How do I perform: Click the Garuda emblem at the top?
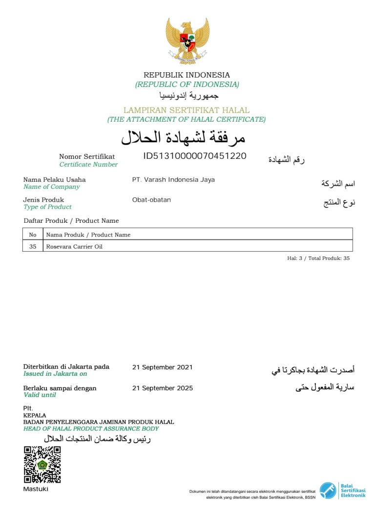click(187, 41)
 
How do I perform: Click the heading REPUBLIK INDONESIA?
click(187, 75)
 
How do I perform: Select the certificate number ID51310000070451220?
click(194, 156)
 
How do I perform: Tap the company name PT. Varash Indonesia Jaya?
click(173, 180)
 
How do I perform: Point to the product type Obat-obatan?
click(151, 200)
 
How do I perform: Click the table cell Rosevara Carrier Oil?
click(74, 247)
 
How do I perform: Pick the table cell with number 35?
click(33, 247)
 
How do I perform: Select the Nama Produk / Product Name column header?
click(88, 234)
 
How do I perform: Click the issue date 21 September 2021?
click(162, 367)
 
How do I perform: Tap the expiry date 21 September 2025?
click(162, 388)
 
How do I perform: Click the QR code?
click(42, 465)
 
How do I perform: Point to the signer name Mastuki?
click(36, 489)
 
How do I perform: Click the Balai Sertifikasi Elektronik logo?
click(342, 490)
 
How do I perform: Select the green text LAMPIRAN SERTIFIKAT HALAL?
click(187, 110)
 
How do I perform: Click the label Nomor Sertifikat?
click(87, 157)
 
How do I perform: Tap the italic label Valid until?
click(40, 395)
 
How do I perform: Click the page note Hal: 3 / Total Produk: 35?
click(318, 258)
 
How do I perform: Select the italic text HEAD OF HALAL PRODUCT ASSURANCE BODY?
click(91, 429)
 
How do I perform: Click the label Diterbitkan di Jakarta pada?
click(66, 367)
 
